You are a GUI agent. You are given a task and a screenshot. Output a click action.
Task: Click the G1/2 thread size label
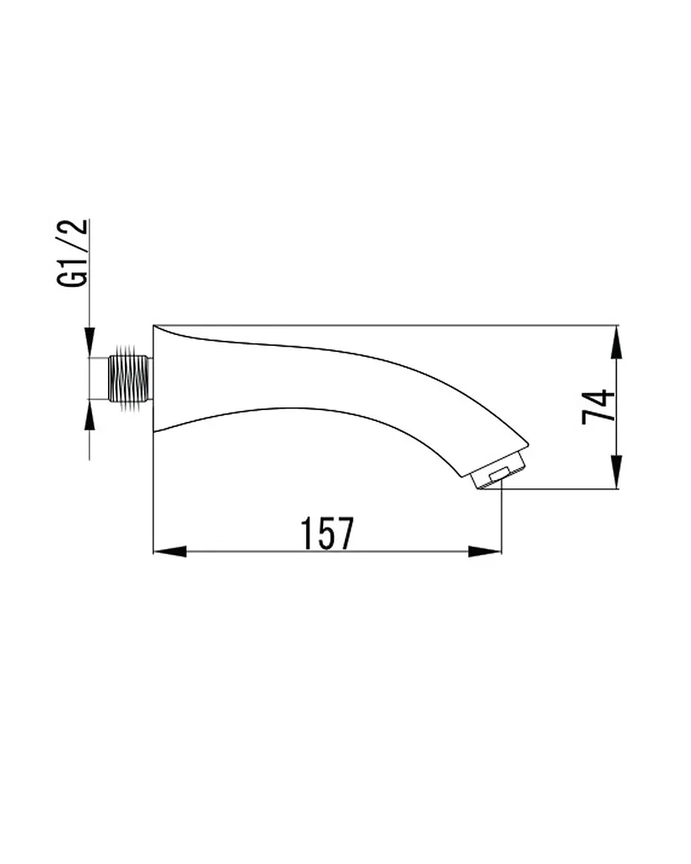73,253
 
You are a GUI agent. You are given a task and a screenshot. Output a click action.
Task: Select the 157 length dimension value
327,533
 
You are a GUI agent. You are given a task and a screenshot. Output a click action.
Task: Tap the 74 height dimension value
598,407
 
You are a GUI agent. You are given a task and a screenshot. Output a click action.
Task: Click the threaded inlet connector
130,379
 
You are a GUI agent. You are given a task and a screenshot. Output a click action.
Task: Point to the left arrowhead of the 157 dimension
170,551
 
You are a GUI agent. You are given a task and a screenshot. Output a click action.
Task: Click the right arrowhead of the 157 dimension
485,551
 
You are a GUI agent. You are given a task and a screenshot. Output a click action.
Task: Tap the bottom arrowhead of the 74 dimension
617,472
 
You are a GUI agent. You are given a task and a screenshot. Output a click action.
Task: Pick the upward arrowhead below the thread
89,415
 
